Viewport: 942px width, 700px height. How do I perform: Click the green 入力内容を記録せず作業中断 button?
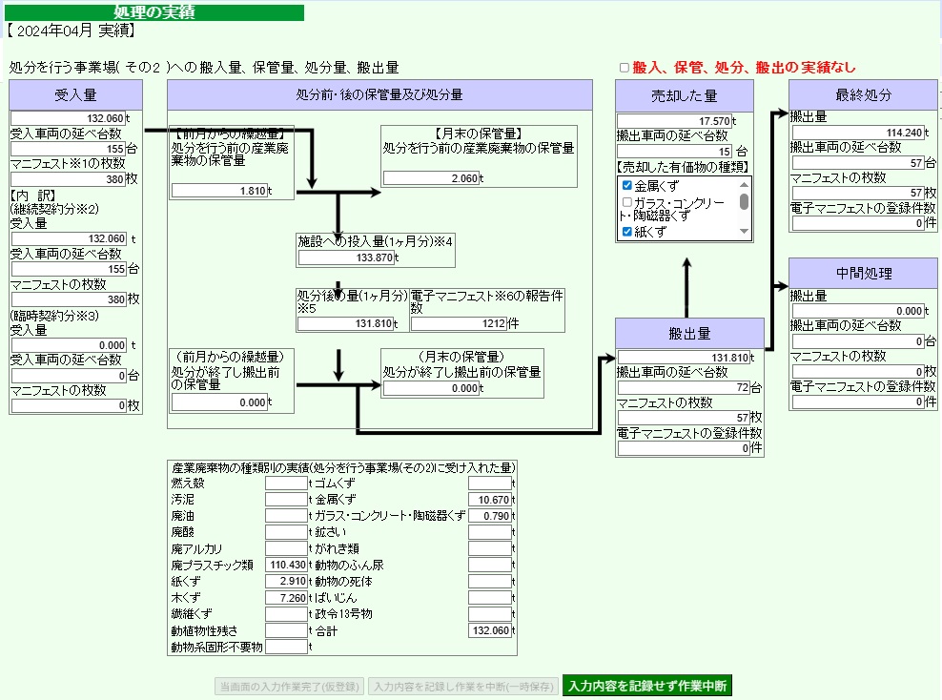click(647, 686)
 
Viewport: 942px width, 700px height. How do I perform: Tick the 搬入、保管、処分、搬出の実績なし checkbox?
click(625, 68)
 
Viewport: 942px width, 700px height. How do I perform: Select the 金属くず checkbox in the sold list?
click(627, 186)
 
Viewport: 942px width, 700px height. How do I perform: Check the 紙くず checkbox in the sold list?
click(627, 232)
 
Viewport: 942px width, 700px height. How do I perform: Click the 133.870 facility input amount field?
click(346, 257)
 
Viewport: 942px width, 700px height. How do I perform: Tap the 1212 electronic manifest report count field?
click(459, 323)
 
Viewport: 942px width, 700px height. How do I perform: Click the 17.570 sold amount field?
click(675, 121)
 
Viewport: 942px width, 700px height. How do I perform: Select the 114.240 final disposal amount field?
click(858, 133)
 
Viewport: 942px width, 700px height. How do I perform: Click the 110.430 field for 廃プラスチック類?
click(287, 565)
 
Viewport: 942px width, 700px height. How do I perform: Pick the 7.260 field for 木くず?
click(287, 598)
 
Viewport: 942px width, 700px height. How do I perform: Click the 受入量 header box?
click(75, 95)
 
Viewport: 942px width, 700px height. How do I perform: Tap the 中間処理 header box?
click(863, 274)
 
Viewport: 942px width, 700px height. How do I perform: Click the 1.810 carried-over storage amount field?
click(219, 191)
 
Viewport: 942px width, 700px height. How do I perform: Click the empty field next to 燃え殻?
click(287, 483)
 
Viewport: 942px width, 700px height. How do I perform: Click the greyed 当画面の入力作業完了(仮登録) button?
click(289, 687)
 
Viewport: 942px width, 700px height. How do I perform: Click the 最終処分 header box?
click(863, 95)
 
